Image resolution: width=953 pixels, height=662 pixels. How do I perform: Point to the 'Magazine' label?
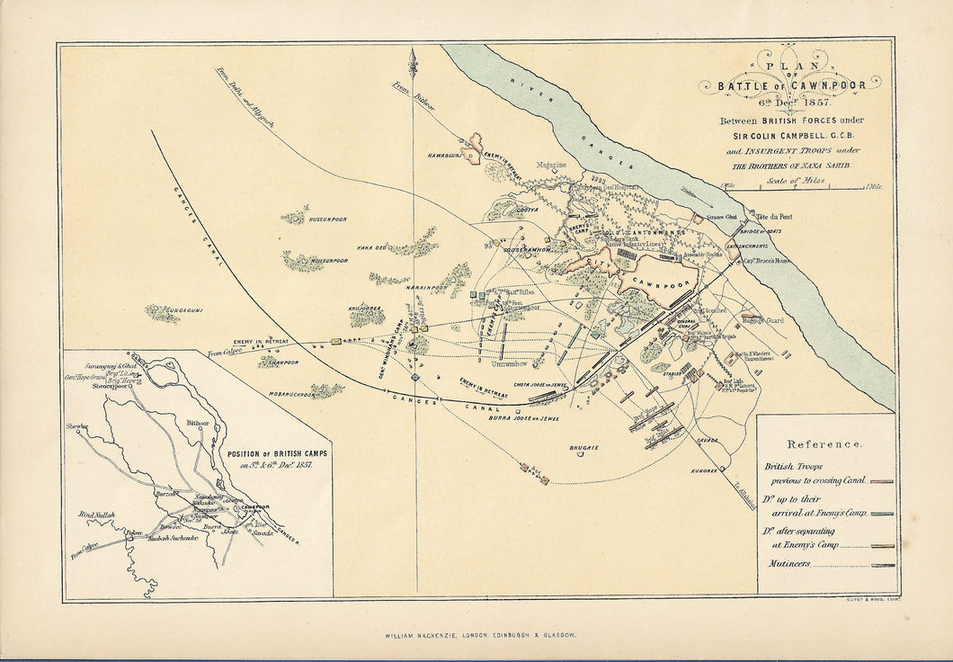coord(551,165)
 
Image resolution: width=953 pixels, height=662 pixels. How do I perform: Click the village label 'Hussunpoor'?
coord(327,219)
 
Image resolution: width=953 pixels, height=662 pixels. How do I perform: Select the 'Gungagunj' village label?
coord(185,310)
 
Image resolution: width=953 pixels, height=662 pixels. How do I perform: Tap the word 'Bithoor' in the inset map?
coord(197,422)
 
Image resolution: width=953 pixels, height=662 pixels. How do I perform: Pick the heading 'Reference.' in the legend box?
coord(824,444)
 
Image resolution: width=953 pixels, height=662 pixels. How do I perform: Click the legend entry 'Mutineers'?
coord(788,565)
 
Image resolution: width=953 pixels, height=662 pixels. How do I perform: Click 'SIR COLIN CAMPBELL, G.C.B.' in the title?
coord(793,136)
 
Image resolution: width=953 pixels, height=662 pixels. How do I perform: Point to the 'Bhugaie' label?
coord(584,447)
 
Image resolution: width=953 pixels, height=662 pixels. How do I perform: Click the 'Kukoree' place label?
coord(705,470)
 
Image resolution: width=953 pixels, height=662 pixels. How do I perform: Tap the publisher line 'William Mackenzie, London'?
coord(476,634)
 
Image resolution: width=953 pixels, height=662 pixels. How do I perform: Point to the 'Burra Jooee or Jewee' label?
coord(524,418)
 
